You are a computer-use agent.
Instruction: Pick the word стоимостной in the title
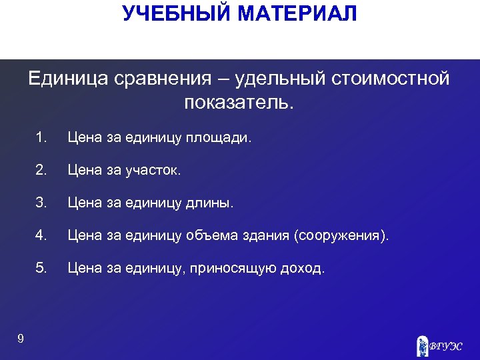click(x=388, y=79)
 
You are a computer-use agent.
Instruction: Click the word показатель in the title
click(x=237, y=104)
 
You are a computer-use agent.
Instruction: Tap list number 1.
click(x=42, y=138)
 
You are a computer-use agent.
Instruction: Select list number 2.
click(x=42, y=171)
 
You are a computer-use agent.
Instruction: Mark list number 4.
click(x=42, y=236)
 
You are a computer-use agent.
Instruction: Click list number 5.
click(x=42, y=269)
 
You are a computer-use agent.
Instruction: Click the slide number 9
click(x=21, y=339)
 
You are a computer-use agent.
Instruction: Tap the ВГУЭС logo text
click(x=446, y=346)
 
